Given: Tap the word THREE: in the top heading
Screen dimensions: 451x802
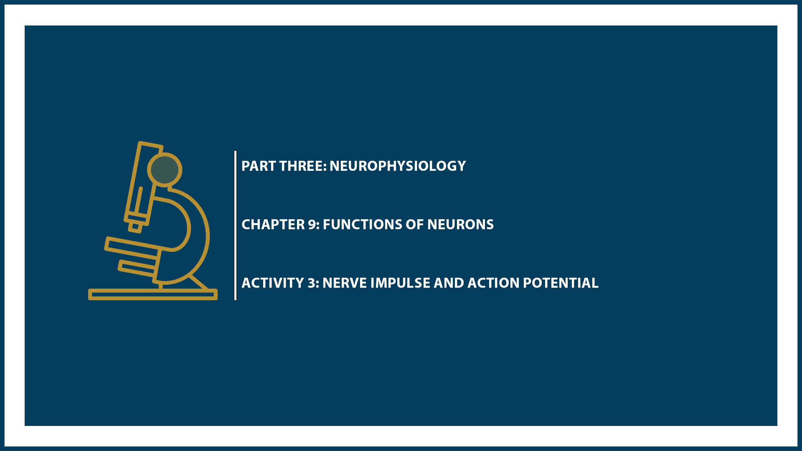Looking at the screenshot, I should [x=303, y=166].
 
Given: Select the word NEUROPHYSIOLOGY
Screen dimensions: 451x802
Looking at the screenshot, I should [x=397, y=166].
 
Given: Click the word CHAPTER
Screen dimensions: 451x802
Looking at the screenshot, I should [x=273, y=225].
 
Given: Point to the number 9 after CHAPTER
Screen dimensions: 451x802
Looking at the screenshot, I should [x=313, y=225].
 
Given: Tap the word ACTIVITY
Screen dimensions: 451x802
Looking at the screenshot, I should [x=272, y=283].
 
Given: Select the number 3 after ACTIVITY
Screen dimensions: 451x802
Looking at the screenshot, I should [x=312, y=283].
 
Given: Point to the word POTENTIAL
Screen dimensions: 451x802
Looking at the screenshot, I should [x=561, y=283].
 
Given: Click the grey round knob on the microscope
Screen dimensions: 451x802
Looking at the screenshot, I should [x=165, y=170].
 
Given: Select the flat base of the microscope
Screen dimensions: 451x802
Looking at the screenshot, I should [x=152, y=294].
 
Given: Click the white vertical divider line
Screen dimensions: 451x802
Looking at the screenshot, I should [x=236, y=225].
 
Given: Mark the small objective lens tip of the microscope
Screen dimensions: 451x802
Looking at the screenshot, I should [x=135, y=227].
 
